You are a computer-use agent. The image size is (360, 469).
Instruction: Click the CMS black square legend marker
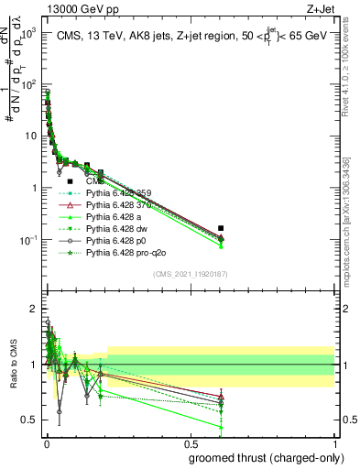(70, 182)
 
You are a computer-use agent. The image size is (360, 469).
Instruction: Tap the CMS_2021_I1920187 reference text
(191, 274)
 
